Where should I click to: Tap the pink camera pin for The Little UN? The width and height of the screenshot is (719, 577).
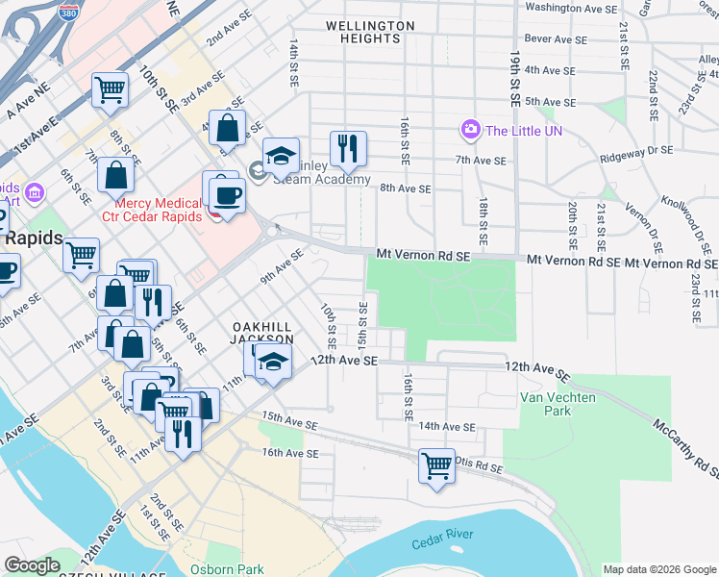tap(470, 129)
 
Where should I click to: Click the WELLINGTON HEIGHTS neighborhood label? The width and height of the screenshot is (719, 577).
tap(370, 32)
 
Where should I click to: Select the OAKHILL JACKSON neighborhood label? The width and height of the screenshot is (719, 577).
tap(261, 333)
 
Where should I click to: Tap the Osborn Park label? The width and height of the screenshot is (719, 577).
tap(227, 568)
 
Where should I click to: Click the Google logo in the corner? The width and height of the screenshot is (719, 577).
tap(33, 565)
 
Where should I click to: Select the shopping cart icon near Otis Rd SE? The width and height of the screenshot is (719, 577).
tap(437, 466)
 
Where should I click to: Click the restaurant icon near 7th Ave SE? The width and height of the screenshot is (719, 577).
tap(348, 149)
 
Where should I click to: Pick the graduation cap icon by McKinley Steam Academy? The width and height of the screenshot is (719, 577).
tap(281, 157)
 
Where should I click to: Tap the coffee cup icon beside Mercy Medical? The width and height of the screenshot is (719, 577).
tap(227, 194)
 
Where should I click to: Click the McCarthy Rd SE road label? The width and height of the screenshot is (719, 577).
tap(684, 448)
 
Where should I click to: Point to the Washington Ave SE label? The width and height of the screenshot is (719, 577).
tap(571, 8)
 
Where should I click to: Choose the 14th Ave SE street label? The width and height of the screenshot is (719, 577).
tap(447, 426)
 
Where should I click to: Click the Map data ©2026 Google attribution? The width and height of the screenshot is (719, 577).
tap(659, 569)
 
